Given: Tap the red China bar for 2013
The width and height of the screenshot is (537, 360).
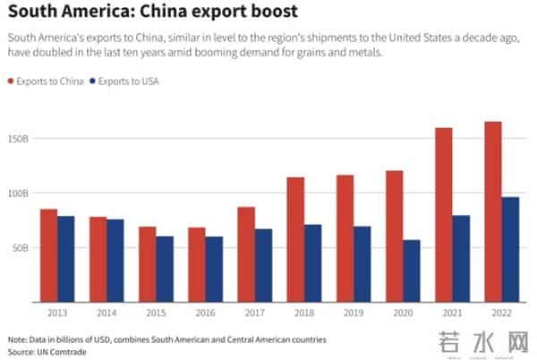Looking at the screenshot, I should [48, 254].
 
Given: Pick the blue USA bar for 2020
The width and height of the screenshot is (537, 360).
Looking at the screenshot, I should [412, 270].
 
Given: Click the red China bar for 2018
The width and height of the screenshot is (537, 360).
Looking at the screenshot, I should [295, 238].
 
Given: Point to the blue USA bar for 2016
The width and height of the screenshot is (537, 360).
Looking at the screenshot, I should [214, 268].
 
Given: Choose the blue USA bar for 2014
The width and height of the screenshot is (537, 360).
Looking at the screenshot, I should [115, 260].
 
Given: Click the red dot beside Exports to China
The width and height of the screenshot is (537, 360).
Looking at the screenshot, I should [12, 81].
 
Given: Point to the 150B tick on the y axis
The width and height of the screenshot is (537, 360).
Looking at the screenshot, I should [20, 139].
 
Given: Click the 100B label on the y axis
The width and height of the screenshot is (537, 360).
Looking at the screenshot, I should [20, 193].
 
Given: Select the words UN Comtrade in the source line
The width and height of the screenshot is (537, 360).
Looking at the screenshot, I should [55, 352].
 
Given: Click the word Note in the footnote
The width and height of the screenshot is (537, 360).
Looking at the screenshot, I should [17, 339].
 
